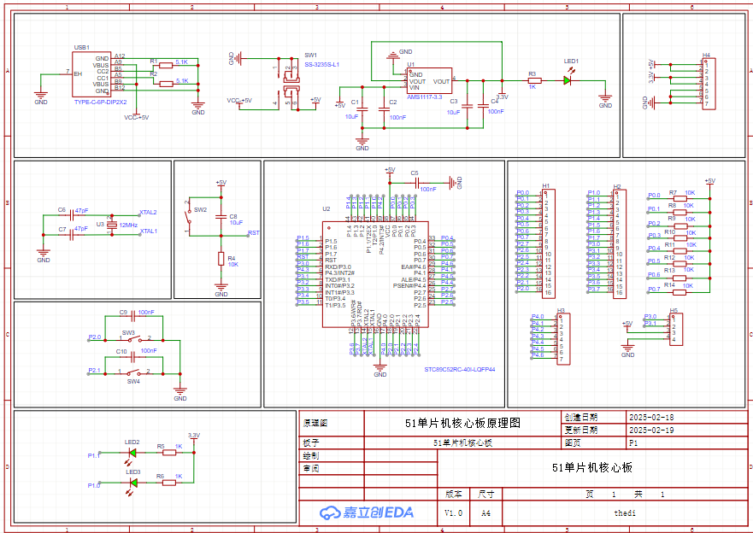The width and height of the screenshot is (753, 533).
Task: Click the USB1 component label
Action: point(82,47)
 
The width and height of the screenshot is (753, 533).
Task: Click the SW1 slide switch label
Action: point(310,55)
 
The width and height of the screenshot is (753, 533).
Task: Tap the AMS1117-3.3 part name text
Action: point(424,97)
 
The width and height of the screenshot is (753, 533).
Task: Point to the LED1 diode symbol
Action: point(567,80)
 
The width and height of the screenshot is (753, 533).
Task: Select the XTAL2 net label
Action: point(148,212)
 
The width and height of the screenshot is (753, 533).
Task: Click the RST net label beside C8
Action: point(254,232)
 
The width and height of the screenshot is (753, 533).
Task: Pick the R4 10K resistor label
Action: point(232,258)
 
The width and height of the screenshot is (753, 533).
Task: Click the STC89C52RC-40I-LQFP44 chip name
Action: point(460,370)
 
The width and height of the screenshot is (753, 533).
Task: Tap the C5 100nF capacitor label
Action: point(415,173)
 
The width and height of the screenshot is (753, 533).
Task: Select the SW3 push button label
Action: point(128,332)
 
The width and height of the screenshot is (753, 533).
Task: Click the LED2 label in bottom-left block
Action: point(132,442)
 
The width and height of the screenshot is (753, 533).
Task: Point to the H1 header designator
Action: point(545,185)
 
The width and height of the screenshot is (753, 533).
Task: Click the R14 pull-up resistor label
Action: point(670,284)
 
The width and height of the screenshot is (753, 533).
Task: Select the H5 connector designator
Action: point(674,311)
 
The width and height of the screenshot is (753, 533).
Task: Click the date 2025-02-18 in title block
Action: point(650,418)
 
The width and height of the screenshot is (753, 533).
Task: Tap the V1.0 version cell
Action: point(453,512)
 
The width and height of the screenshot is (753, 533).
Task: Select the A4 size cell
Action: point(485,512)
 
